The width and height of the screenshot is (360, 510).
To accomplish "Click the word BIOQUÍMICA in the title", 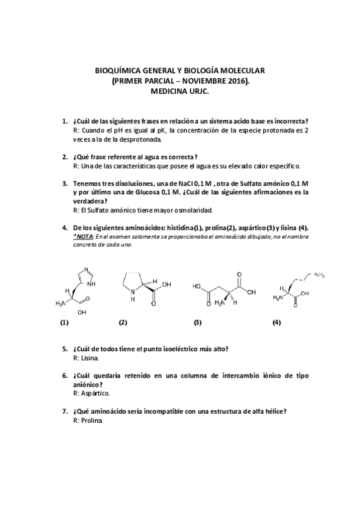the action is pyautogui.click(x=118, y=70).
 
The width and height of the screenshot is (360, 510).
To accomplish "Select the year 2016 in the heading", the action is pyautogui.click(x=237, y=80).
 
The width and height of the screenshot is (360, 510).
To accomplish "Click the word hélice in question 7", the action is pyautogui.click(x=273, y=412).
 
